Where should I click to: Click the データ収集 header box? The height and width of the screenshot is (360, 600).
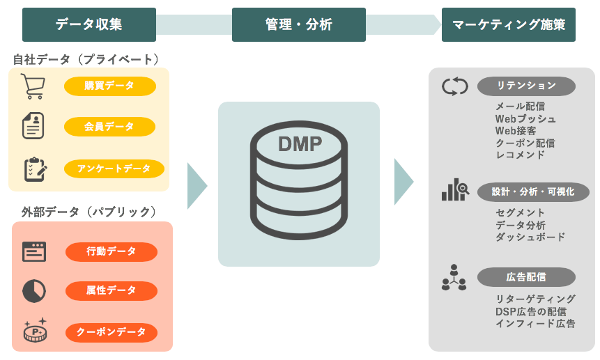[x=89, y=24]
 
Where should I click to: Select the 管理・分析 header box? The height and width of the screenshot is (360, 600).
[x=298, y=24]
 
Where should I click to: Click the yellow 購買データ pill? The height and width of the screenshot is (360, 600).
[x=109, y=86]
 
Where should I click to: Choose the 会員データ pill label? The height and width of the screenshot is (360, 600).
[x=109, y=127]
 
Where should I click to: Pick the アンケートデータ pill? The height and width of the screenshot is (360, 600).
[x=114, y=169]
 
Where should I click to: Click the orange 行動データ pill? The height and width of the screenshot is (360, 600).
[x=111, y=251]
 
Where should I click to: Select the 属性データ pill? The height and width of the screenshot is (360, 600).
[x=111, y=290]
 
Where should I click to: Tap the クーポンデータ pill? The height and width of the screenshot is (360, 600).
[x=111, y=332]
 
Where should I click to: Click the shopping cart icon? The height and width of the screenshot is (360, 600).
[x=33, y=86]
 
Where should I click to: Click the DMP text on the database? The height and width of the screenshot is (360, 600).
[x=300, y=144]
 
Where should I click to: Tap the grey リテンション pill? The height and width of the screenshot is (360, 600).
[x=526, y=86]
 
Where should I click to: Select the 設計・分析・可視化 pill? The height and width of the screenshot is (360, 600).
[x=533, y=191]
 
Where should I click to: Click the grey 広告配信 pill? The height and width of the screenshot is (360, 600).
[x=526, y=276]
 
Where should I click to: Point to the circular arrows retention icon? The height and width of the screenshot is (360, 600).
[x=454, y=87]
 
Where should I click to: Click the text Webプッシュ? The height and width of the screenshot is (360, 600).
[x=525, y=118]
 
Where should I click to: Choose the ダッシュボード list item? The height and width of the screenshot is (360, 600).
[x=530, y=237]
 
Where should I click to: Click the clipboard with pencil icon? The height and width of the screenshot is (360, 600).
[x=34, y=169]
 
